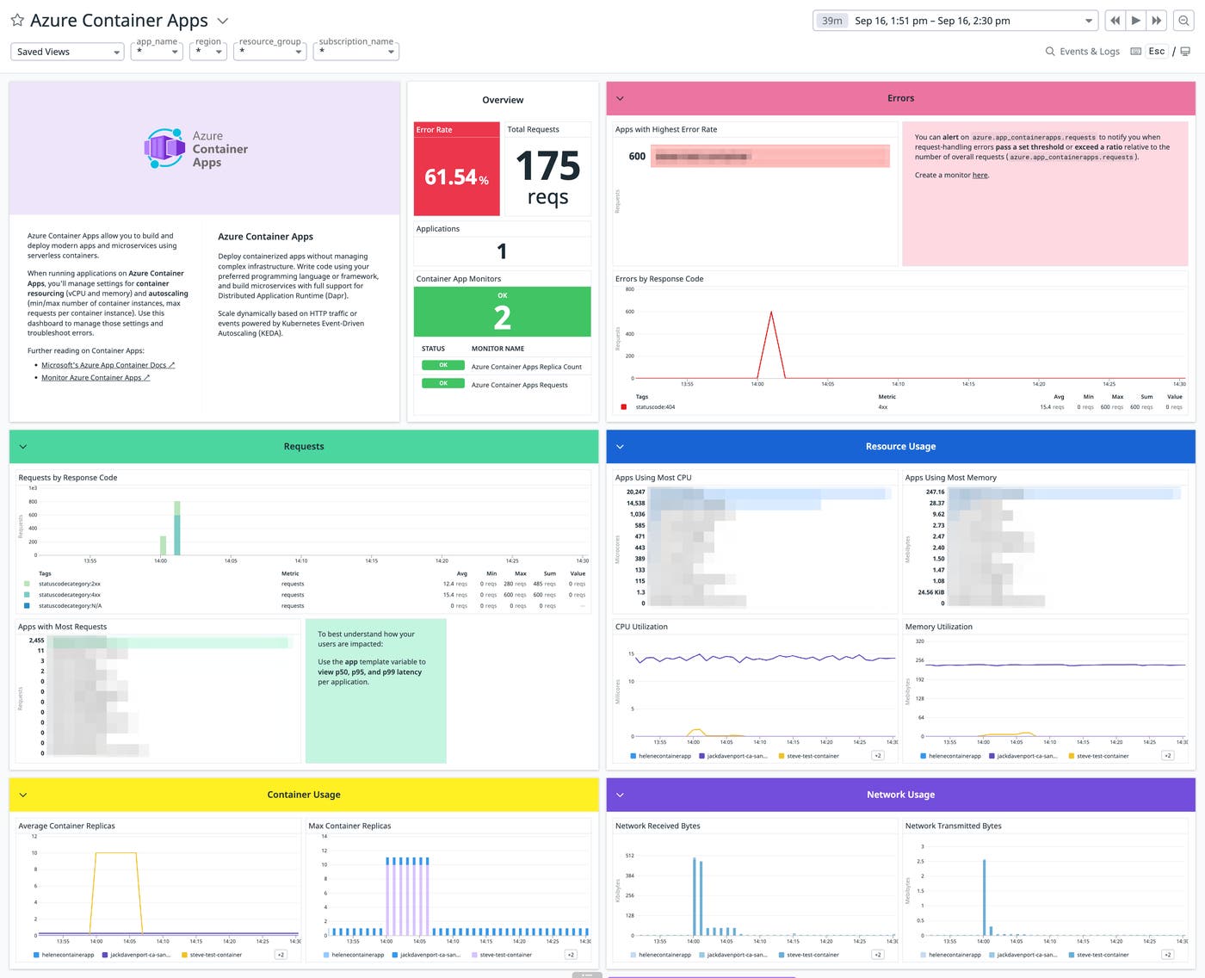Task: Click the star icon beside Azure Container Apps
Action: point(17,21)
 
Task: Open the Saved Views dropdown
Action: point(67,52)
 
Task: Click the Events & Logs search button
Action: point(1083,52)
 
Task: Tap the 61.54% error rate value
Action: point(456,177)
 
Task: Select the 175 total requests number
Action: point(547,166)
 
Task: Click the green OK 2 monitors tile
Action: point(502,312)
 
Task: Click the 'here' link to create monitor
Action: point(980,176)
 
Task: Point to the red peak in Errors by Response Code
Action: point(771,313)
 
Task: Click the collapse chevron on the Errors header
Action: point(620,99)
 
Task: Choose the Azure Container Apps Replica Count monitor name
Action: point(526,367)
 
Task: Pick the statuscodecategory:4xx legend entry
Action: point(69,595)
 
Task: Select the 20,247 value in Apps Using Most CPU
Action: point(635,492)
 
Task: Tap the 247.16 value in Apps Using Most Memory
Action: point(935,492)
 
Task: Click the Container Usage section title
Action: point(304,795)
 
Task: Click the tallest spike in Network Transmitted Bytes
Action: point(984,896)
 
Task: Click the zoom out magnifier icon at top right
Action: point(1183,21)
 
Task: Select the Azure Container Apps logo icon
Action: point(164,148)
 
